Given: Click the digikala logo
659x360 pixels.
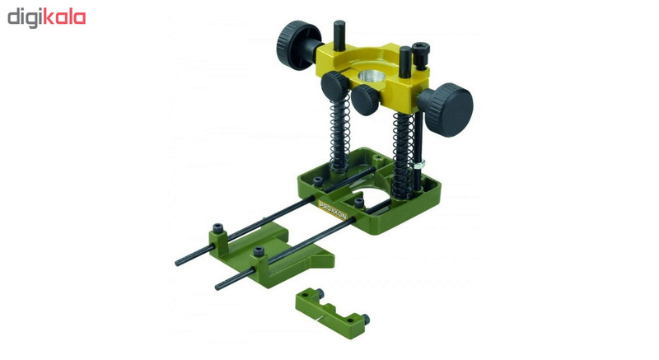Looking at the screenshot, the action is tap(47, 18).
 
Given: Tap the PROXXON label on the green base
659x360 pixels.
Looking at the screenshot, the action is tap(333, 209).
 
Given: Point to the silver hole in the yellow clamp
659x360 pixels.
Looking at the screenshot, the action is tap(372, 77).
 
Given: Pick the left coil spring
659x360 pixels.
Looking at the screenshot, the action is tap(340, 134).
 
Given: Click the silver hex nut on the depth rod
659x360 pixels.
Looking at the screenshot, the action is tap(419, 163).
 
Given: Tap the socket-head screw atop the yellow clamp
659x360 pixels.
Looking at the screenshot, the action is tap(420, 54).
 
